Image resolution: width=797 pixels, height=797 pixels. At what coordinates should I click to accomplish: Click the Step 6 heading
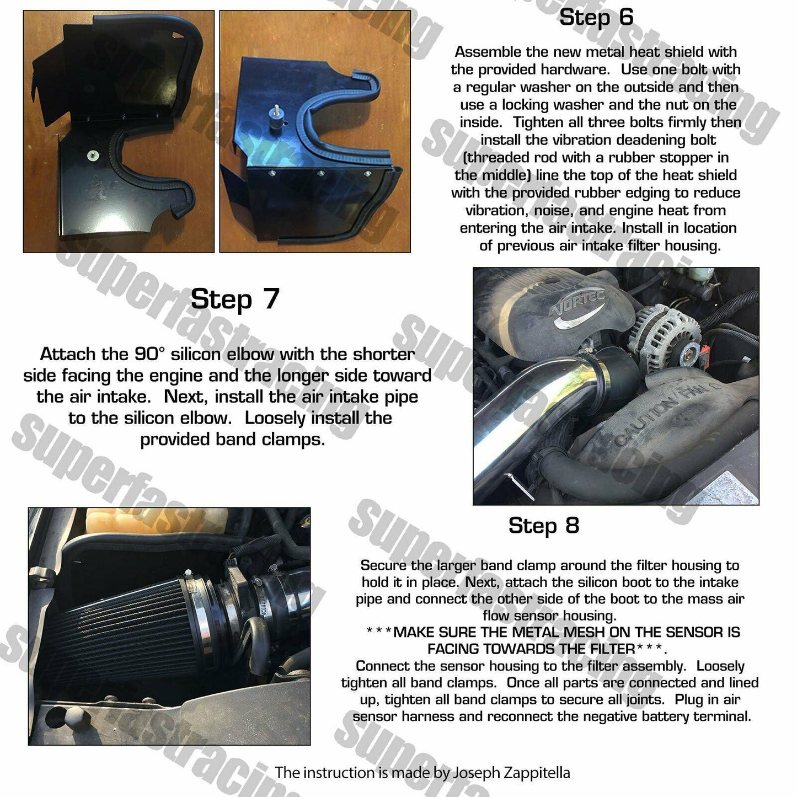pyautogui.click(x=596, y=17)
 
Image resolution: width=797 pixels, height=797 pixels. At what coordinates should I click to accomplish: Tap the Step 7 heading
pyautogui.click(x=235, y=298)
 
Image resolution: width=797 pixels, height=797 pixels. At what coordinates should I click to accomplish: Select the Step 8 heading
pyautogui.click(x=543, y=525)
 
